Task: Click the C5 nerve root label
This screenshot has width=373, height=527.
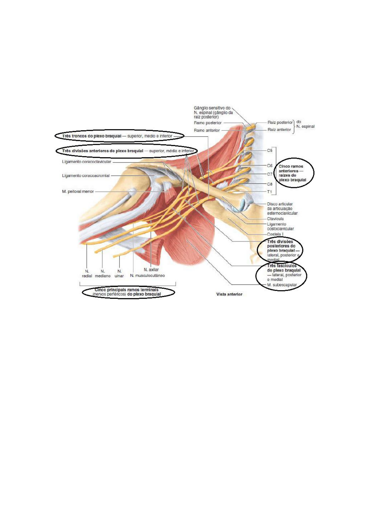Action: [269, 150]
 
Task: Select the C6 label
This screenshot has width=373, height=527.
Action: [269, 166]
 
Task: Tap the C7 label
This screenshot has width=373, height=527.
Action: [269, 174]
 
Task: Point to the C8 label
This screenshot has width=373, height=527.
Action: [269, 184]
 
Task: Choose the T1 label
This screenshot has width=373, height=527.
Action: [269, 192]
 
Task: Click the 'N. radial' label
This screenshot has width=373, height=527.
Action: [87, 274]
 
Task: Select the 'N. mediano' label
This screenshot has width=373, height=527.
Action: [103, 274]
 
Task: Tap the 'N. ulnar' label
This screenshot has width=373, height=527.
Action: [119, 274]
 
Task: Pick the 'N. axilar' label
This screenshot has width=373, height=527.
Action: [151, 269]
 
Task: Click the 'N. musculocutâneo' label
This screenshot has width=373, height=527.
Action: [147, 276]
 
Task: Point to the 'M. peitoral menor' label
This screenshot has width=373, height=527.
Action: [78, 191]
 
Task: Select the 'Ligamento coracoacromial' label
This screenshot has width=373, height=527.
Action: [86, 176]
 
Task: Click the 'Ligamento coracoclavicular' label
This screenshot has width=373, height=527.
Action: [86, 162]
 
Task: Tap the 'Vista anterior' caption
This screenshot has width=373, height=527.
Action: [229, 294]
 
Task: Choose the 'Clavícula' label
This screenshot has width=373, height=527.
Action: [275, 219]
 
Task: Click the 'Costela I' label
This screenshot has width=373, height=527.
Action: [275, 234]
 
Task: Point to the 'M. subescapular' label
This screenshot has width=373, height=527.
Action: [282, 285]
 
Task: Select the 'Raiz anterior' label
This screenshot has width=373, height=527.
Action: [279, 129]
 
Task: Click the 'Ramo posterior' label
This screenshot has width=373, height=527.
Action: [207, 123]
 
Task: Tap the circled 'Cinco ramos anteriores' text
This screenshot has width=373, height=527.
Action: [292, 173]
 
